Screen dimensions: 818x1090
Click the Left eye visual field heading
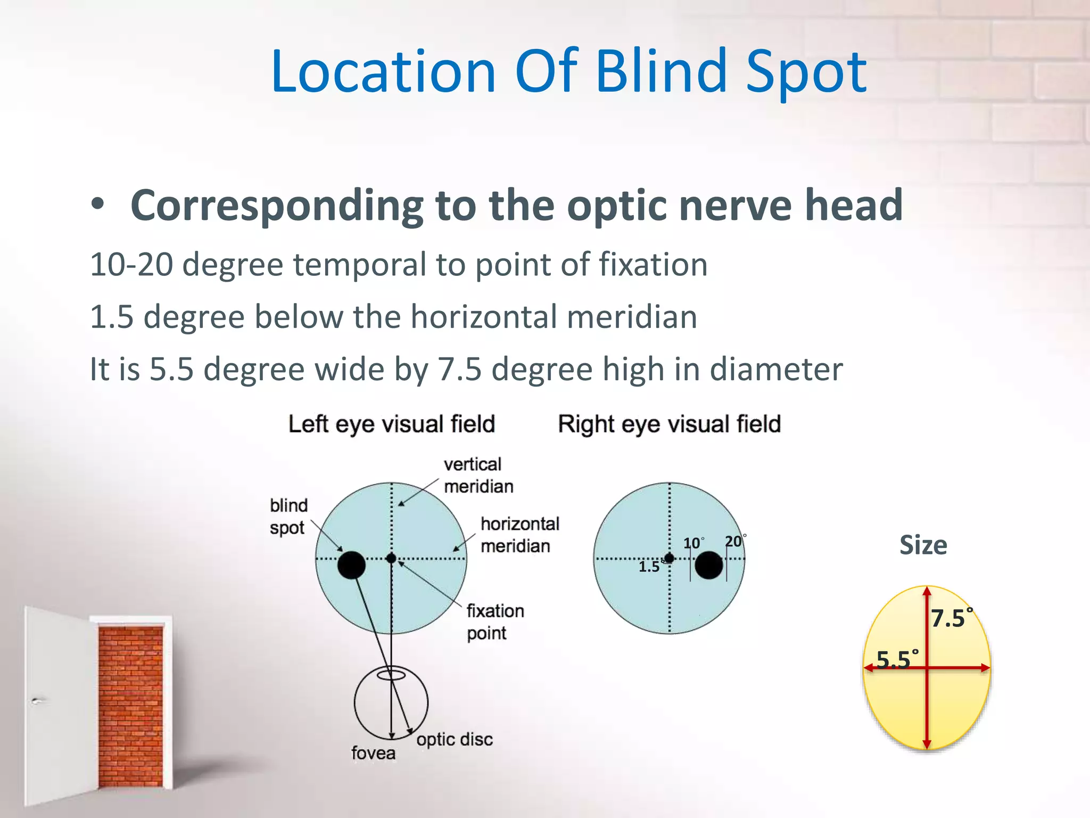point(392,424)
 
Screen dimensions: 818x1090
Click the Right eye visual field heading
point(669,424)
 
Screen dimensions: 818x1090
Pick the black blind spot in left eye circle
point(351,565)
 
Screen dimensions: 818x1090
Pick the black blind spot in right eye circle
point(709,565)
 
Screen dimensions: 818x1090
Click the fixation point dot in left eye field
point(391,558)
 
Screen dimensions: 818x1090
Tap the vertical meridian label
point(477,475)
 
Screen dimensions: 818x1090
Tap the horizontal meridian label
point(519,535)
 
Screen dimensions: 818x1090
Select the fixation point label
point(495,621)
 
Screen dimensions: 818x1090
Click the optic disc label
point(454,739)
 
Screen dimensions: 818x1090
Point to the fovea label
point(373,753)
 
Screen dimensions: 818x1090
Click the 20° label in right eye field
point(734,542)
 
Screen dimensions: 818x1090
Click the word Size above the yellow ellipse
point(923,545)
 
